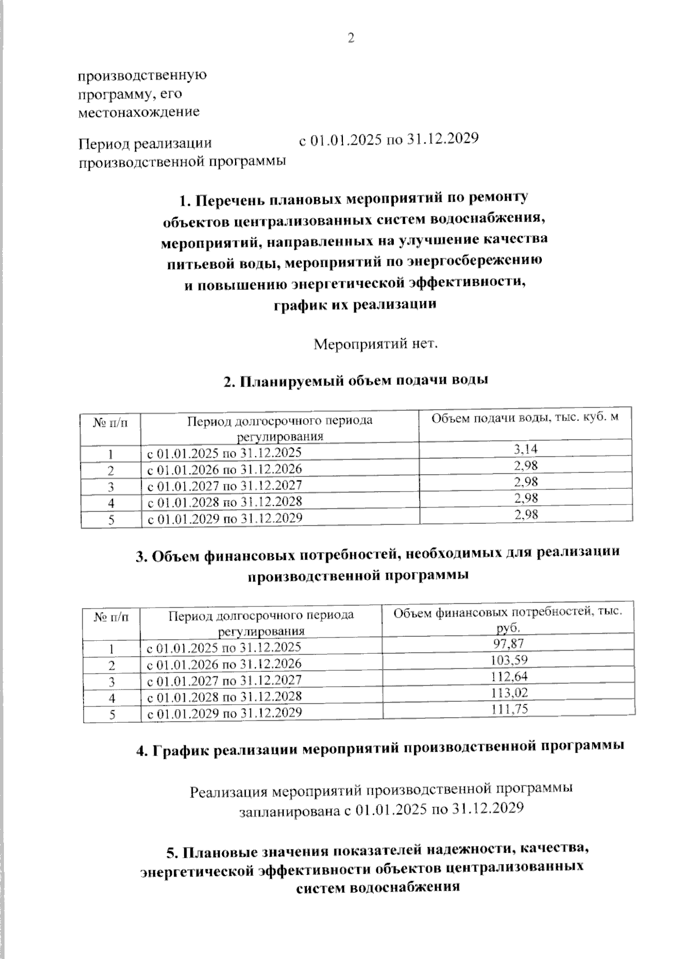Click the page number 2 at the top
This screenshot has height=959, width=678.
(x=350, y=39)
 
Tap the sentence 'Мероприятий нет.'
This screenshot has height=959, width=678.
(x=376, y=344)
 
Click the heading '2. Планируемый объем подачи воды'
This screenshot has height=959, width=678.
(x=356, y=381)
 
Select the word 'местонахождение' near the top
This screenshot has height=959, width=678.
(x=138, y=112)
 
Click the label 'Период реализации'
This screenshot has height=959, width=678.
(x=145, y=144)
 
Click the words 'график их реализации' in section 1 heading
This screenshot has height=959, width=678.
(x=355, y=305)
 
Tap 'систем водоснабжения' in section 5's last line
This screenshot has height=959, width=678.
(x=377, y=888)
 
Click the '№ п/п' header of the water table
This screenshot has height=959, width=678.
(x=111, y=422)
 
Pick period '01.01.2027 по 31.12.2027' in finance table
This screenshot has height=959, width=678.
(x=224, y=680)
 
